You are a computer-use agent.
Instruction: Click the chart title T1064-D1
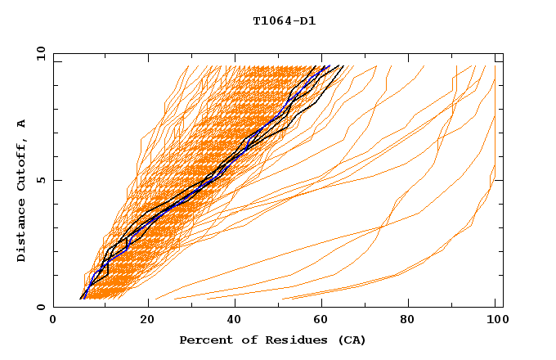[x=284, y=21]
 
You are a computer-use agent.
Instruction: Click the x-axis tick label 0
[x=53, y=320]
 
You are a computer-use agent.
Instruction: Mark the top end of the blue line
[x=330, y=65]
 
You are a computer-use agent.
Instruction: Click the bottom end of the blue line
[x=82, y=299]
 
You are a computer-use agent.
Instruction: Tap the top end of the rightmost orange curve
[x=495, y=65]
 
